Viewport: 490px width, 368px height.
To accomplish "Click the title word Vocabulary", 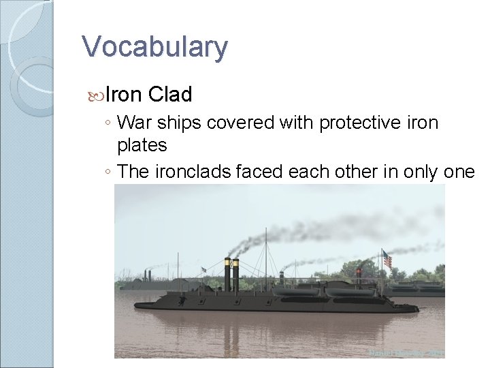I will click(x=154, y=48).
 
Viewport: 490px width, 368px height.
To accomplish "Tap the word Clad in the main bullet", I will click(x=170, y=93).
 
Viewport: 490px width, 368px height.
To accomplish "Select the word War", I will click(x=135, y=123).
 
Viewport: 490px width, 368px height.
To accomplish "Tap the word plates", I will click(x=142, y=145).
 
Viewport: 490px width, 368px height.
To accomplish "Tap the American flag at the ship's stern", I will click(x=387, y=259).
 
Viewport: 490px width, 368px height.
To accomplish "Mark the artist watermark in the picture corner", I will click(x=406, y=353).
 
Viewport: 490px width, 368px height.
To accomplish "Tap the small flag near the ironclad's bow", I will click(x=203, y=270).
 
